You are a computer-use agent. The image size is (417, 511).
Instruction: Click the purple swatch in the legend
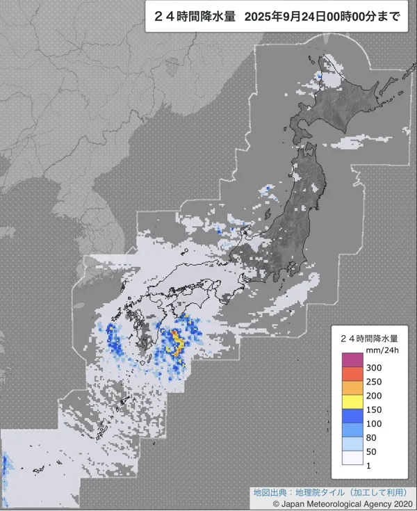(352, 359)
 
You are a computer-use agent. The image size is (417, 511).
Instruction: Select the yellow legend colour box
(352, 401)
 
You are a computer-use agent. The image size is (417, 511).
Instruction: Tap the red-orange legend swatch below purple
(352, 374)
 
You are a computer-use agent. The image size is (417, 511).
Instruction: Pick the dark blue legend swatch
(352, 415)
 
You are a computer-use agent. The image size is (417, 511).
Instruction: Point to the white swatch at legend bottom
(352, 457)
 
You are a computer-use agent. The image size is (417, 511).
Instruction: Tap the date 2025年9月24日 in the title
(286, 18)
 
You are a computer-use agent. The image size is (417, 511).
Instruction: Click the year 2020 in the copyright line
(398, 503)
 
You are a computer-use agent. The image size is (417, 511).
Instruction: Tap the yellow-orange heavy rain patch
(177, 341)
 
